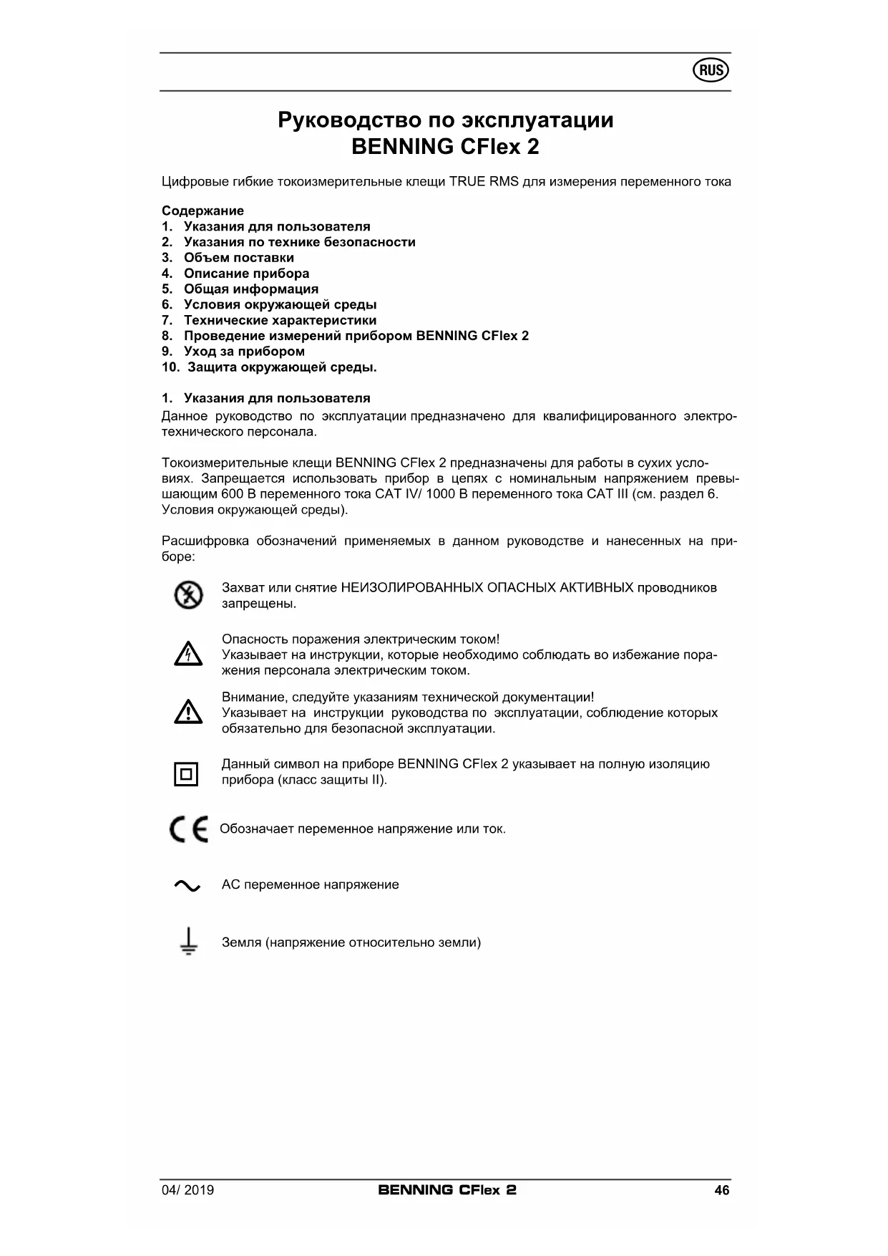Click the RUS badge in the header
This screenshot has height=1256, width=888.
[x=711, y=71]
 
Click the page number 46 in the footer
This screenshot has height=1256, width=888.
[x=721, y=1190]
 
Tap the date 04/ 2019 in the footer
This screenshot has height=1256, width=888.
[x=187, y=1190]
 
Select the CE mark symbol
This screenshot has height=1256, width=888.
[x=189, y=829]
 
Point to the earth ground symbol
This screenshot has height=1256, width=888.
[x=188, y=942]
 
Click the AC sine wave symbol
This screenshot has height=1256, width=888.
[x=187, y=886]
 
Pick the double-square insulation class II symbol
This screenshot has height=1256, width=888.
[x=186, y=773]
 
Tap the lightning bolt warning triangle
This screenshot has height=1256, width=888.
[x=187, y=654]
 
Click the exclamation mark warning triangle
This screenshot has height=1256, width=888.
[x=187, y=712]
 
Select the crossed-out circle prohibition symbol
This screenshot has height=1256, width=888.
[x=188, y=596]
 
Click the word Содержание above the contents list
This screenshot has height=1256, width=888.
[x=203, y=211]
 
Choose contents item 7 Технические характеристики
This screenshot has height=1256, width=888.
[x=280, y=320]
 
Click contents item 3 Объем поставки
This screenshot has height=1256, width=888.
[x=238, y=258]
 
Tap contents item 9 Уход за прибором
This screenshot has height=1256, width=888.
[x=244, y=352]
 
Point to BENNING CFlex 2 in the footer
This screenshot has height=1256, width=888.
[x=447, y=1190]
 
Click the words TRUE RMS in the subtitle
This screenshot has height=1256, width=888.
[x=484, y=182]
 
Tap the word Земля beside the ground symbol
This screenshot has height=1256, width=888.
[x=241, y=942]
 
